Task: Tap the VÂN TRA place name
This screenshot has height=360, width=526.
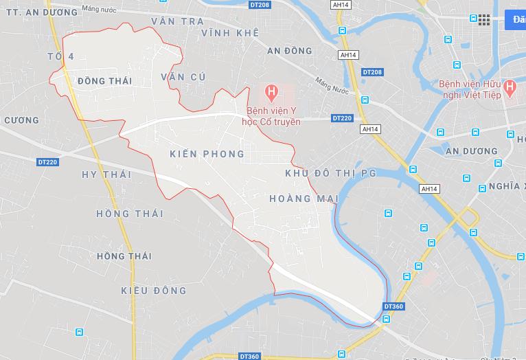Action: point(178,21)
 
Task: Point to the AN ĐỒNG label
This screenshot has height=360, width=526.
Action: point(289,51)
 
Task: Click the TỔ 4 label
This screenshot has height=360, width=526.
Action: point(60,56)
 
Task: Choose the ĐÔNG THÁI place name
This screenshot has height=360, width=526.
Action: point(104,81)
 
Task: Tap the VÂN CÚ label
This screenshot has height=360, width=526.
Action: point(183,77)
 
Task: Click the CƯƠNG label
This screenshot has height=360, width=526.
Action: point(21,120)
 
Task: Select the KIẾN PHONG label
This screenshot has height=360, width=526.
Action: point(206,154)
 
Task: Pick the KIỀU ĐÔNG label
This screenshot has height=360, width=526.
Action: point(153,291)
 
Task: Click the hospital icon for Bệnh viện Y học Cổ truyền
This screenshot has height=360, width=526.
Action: point(272,91)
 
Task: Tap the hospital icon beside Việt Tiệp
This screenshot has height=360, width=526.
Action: point(510,87)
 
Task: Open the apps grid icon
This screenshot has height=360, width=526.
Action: point(484,19)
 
